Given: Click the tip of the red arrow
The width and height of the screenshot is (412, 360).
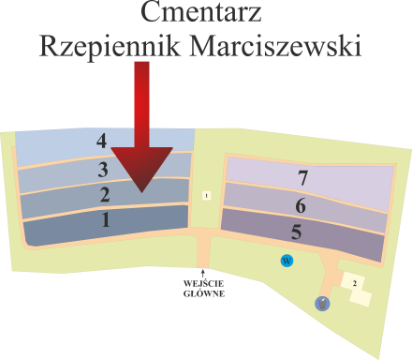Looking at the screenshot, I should [x=140, y=190].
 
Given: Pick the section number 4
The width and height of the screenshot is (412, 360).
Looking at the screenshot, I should [x=101, y=141].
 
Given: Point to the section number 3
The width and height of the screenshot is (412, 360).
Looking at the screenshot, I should [x=103, y=170].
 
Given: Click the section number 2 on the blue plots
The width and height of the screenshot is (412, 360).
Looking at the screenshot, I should [x=105, y=195].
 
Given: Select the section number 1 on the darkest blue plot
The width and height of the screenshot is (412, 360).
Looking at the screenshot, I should [x=106, y=221].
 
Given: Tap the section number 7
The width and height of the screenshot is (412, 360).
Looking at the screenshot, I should [x=302, y=178].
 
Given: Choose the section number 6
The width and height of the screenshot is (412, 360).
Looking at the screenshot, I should [x=300, y=206].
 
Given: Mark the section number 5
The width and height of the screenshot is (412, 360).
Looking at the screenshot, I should [x=296, y=232].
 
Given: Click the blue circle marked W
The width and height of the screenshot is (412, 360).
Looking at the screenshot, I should [x=287, y=260].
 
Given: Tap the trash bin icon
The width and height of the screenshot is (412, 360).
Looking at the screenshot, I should [x=322, y=302].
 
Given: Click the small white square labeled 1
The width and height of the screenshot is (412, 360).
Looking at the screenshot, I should [x=206, y=195].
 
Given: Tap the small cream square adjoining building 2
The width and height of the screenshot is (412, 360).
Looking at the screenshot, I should [x=361, y=297].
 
